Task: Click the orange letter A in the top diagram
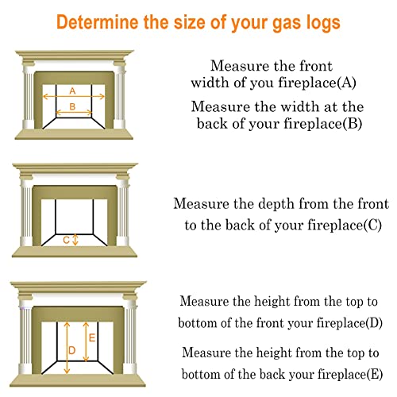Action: [x=72, y=91]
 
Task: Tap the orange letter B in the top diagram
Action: [x=72, y=106]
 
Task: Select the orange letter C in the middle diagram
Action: [x=66, y=240]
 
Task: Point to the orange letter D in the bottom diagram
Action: [x=71, y=350]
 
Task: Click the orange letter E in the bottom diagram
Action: [x=92, y=337]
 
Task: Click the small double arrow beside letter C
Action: [x=75, y=240]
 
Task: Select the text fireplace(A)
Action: [x=317, y=83]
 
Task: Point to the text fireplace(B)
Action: [x=322, y=124]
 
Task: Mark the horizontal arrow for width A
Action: [x=74, y=97]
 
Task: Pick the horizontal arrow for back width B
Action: [x=74, y=113]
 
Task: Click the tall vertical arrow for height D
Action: [x=67, y=348]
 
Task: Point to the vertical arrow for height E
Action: [x=86, y=341]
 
